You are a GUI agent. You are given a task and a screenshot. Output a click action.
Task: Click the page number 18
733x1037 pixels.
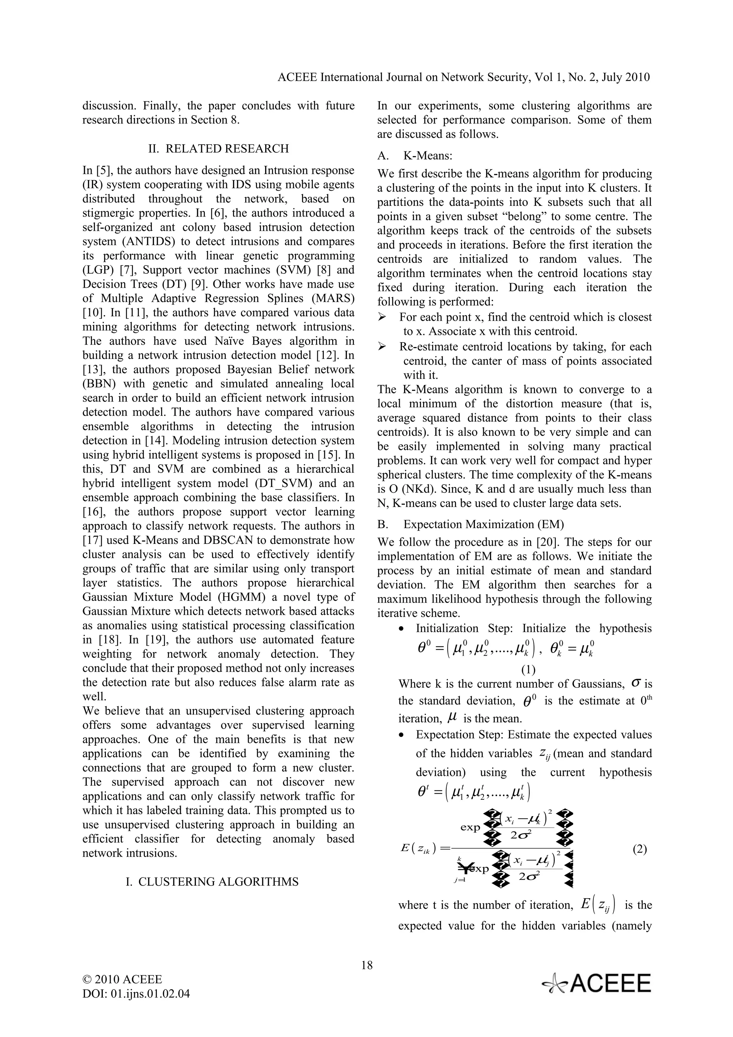[x=367, y=965]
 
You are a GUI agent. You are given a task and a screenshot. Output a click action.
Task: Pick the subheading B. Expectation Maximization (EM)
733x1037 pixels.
[x=471, y=524]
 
